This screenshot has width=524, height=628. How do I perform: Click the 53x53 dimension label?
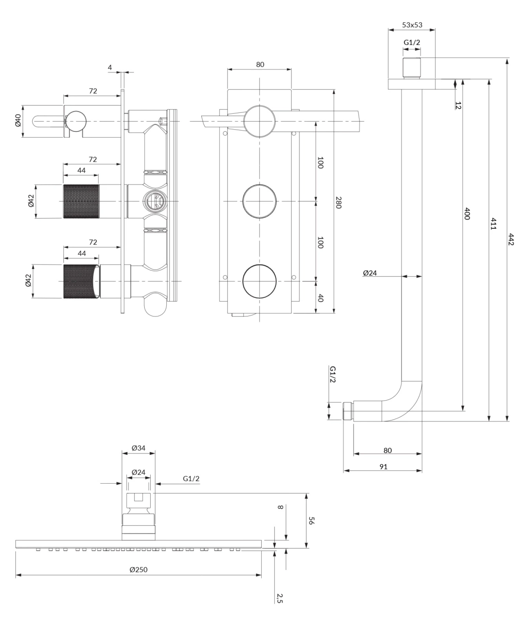pos(412,25)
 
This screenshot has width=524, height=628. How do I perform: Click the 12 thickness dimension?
pos(458,105)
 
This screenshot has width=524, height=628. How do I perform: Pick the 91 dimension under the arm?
pos(383,467)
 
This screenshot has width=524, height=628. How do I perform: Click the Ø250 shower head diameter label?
pos(139,570)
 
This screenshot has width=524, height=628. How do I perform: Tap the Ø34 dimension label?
pos(139,448)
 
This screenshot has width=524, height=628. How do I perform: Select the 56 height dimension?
pos(311,521)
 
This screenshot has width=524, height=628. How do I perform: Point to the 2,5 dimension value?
pos(279,598)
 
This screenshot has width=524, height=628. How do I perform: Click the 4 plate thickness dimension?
pos(110,68)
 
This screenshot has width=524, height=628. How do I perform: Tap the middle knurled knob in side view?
pos(81,201)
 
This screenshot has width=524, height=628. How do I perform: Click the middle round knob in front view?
pos(259,201)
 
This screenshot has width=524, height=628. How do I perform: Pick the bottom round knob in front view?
pos(259,281)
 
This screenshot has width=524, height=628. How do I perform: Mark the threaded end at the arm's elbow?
pos(348,411)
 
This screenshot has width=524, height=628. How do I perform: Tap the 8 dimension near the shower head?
pos(280,507)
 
